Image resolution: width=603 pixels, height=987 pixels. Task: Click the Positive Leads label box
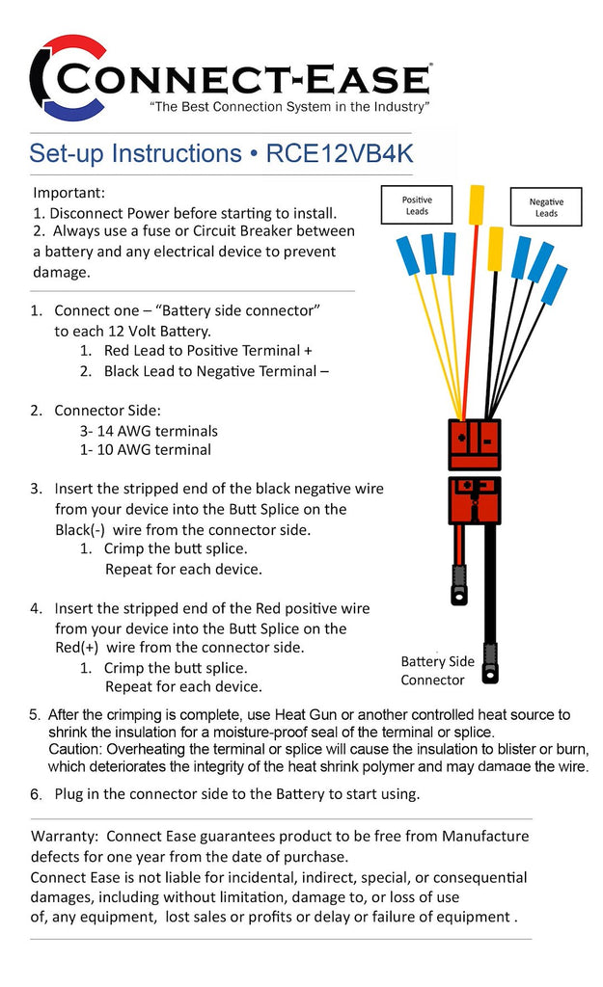click(417, 204)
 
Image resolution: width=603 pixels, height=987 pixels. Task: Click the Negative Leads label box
click(546, 207)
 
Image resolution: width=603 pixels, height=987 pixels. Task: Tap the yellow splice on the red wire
click(477, 204)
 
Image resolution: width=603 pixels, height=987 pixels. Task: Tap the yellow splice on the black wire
click(495, 248)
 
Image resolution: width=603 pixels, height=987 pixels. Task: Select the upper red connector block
click(476, 443)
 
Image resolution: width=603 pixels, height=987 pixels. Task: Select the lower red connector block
click(476, 499)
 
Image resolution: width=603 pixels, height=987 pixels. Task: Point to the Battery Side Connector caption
click(437, 670)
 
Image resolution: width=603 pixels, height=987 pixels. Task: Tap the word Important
click(69, 193)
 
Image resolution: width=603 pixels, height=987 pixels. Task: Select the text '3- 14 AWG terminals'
click(149, 431)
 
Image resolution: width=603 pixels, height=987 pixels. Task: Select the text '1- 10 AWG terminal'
click(145, 449)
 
